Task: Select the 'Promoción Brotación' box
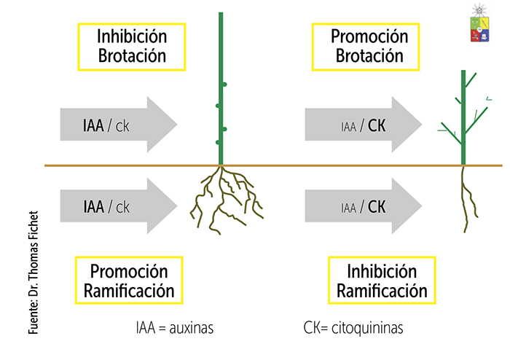[x=367, y=45]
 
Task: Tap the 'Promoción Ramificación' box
[x=129, y=281]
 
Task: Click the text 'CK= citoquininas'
[x=353, y=328]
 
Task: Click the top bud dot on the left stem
[x=225, y=85]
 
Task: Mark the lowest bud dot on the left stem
[x=225, y=129]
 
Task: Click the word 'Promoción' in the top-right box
[x=367, y=36]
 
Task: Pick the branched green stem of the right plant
[x=463, y=117]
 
